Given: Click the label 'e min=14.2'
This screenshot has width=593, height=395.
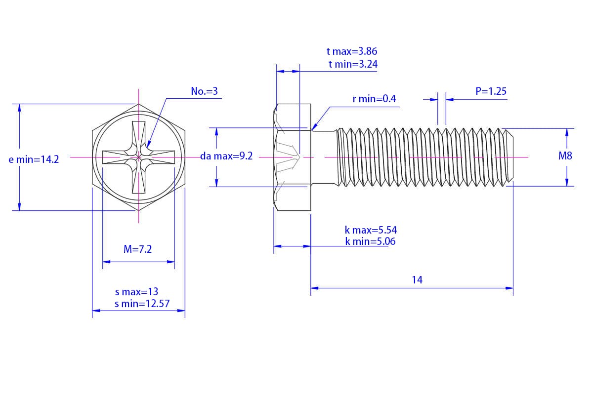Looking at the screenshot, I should tap(34, 159).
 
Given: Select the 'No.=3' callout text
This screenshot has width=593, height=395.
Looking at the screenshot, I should tap(204, 91).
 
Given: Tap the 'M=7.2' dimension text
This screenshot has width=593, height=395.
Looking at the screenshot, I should tap(137, 249).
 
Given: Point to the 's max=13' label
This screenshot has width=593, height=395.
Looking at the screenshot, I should tap(136, 292).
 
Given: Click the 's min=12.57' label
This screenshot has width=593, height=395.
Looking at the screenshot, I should tap(142, 304).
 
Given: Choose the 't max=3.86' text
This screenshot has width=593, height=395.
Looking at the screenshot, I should tap(352, 51).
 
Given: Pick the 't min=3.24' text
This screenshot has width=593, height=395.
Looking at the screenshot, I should tap(353, 64).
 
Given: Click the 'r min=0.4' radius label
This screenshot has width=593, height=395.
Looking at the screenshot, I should tap(374, 99).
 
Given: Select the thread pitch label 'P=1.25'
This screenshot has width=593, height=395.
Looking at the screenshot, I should tap(491, 91).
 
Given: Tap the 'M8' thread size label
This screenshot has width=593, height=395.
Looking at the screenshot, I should tap(565, 156).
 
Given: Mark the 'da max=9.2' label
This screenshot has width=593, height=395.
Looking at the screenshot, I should tap(226, 156).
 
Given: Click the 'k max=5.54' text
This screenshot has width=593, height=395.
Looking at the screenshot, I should tap(371, 230).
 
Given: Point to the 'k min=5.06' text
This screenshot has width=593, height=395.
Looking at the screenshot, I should tap(370, 241).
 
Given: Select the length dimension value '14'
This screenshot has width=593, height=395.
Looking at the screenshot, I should tap(417, 280).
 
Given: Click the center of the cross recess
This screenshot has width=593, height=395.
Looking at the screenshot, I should tap(139, 157).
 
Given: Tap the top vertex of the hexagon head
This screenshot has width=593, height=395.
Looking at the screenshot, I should tap(139, 104).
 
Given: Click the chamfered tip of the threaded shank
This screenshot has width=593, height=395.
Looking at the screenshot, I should tap(510, 157).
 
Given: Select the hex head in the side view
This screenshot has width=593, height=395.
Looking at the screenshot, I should tap(292, 157).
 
